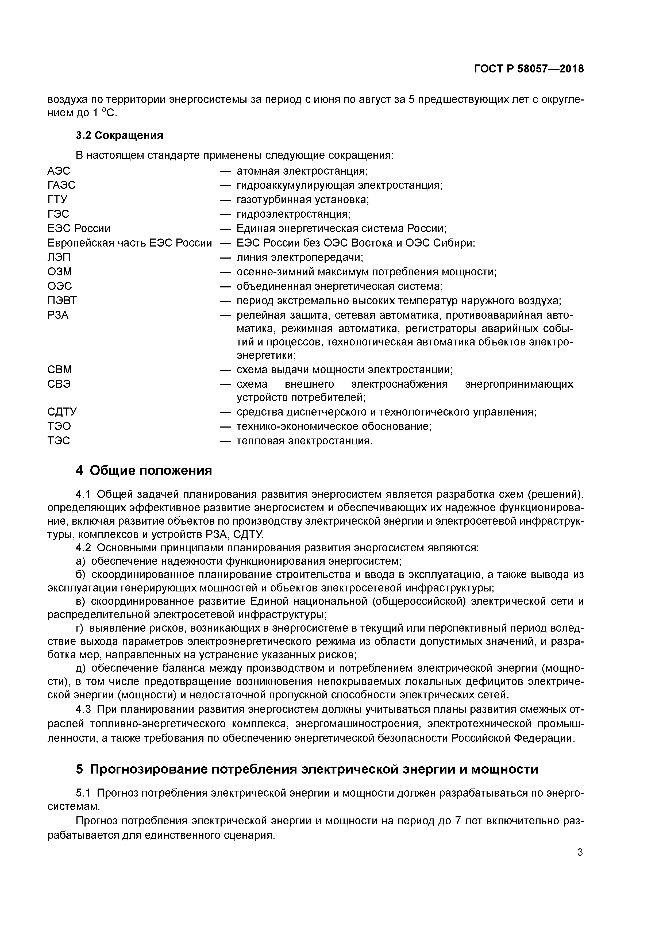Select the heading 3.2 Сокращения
119,135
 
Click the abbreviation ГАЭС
62,185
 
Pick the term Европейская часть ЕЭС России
129,243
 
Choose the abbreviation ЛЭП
59,257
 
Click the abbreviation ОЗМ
60,272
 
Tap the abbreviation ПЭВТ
62,301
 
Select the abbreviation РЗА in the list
58,316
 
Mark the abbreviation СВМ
60,370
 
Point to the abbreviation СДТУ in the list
62,412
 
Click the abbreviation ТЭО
59,426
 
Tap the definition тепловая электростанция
304,441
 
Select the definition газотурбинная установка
302,199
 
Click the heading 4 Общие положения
144,471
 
